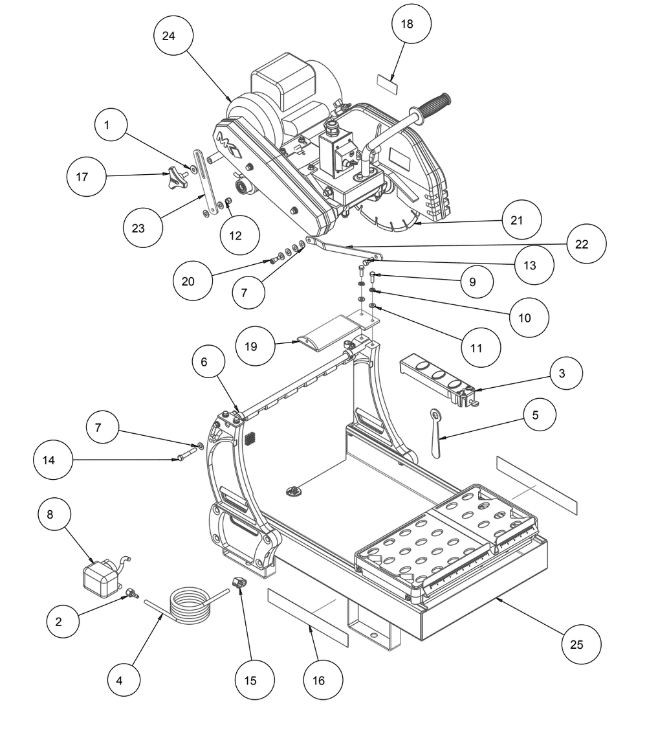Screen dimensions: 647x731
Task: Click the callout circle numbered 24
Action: (x=173, y=36)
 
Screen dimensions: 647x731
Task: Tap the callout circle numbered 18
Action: (x=411, y=24)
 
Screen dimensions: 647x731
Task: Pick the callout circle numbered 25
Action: (x=581, y=644)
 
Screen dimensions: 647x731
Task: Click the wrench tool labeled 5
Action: (x=437, y=433)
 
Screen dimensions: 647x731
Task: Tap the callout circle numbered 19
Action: (x=255, y=346)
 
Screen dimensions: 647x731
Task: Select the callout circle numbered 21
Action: (x=521, y=220)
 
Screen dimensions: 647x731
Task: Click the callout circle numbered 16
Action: (x=323, y=680)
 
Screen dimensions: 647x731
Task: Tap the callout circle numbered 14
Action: (x=53, y=460)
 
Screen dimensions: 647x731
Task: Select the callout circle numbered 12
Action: (x=239, y=236)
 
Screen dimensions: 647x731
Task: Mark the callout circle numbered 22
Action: (x=586, y=244)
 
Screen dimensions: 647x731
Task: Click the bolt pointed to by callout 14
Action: (x=186, y=454)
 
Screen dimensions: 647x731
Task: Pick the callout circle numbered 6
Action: (x=209, y=362)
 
